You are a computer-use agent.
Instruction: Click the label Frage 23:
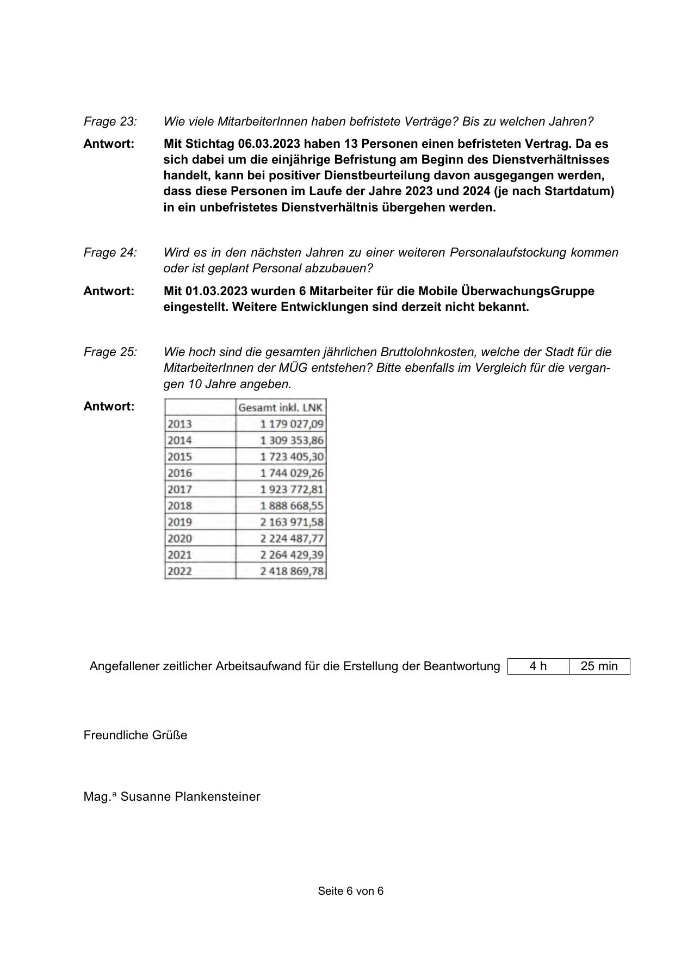110,121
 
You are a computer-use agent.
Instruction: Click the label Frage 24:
110,252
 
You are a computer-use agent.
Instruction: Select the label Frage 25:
110,352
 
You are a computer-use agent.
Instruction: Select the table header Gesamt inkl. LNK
281,407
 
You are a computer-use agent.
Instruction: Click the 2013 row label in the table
179,424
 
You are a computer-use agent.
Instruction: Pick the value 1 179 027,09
292,424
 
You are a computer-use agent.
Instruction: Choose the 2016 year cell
179,473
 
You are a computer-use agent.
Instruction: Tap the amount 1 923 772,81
292,489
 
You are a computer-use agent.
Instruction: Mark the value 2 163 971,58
292,522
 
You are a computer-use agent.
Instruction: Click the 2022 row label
179,571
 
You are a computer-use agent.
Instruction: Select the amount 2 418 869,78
292,571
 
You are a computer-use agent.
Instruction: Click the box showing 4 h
538,666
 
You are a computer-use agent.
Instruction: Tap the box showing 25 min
599,666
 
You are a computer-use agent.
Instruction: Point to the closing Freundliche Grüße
135,735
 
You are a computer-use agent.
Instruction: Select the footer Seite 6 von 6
351,891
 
